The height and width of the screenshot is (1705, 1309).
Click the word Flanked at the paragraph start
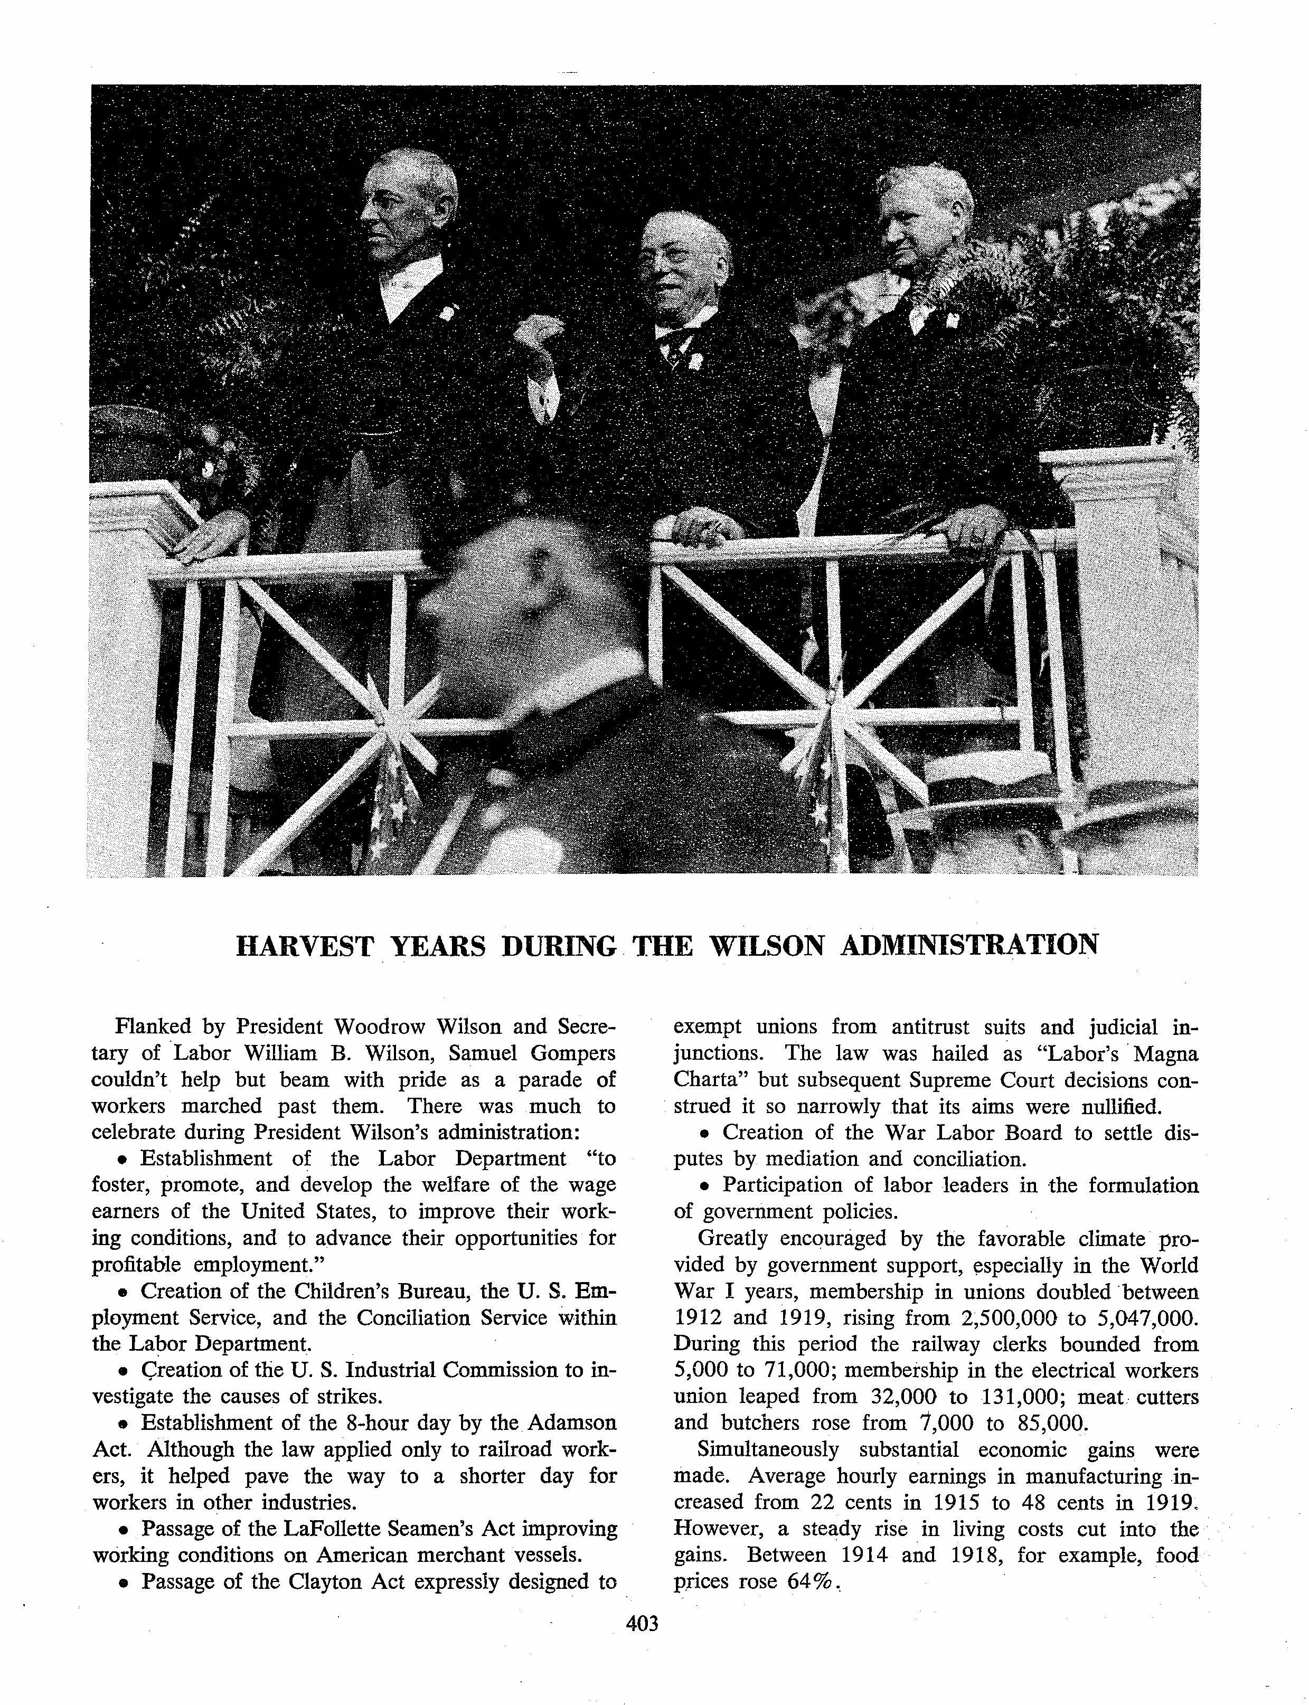pyautogui.click(x=148, y=1027)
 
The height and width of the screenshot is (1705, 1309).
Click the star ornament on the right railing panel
pyautogui.click(x=836, y=713)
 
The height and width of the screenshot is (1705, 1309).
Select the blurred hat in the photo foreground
pyautogui.click(x=530, y=592)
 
